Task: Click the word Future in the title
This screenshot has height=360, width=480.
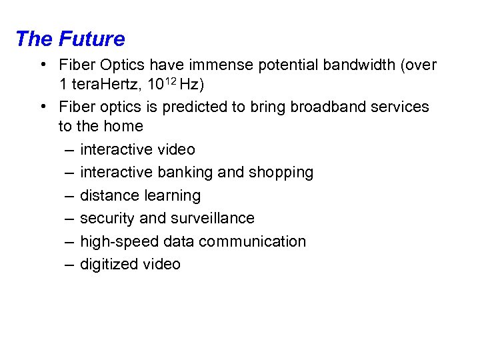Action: (x=91, y=39)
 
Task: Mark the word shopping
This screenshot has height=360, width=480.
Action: (x=281, y=173)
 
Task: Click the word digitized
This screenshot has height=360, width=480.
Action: (x=109, y=265)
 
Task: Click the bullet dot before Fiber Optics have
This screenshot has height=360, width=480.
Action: (x=42, y=65)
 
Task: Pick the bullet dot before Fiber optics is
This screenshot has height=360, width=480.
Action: (x=42, y=107)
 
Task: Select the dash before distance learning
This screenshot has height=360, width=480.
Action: (x=69, y=196)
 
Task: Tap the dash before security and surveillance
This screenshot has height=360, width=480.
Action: (x=69, y=219)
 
